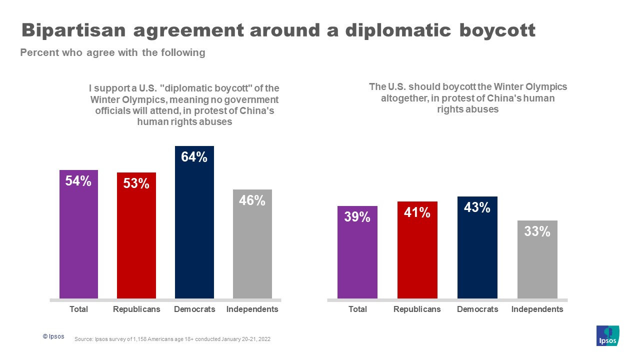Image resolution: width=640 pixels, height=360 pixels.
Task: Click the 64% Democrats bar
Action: point(194,230)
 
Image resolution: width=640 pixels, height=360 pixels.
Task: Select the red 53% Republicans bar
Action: point(136,240)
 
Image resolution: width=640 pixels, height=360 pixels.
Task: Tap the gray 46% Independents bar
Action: point(252,250)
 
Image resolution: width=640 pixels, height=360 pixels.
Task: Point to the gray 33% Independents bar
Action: point(537,265)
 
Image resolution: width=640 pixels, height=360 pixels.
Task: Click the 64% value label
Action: point(194,157)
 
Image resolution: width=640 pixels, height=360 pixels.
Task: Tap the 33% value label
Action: point(537,231)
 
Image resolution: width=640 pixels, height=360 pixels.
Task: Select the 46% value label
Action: point(252,200)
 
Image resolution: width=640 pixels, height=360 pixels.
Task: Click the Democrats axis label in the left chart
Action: point(194,309)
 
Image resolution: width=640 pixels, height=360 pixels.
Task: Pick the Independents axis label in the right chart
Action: point(537,309)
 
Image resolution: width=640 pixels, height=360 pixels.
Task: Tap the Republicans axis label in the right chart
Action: point(417,309)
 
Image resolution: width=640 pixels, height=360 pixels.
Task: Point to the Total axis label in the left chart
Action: point(78,309)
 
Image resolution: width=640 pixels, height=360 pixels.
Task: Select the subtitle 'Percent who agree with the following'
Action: point(112,52)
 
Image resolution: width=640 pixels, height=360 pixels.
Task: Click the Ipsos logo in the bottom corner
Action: point(607,335)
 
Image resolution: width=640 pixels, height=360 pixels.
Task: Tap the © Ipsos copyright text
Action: point(53,336)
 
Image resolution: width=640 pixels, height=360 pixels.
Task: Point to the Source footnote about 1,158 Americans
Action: point(172,339)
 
